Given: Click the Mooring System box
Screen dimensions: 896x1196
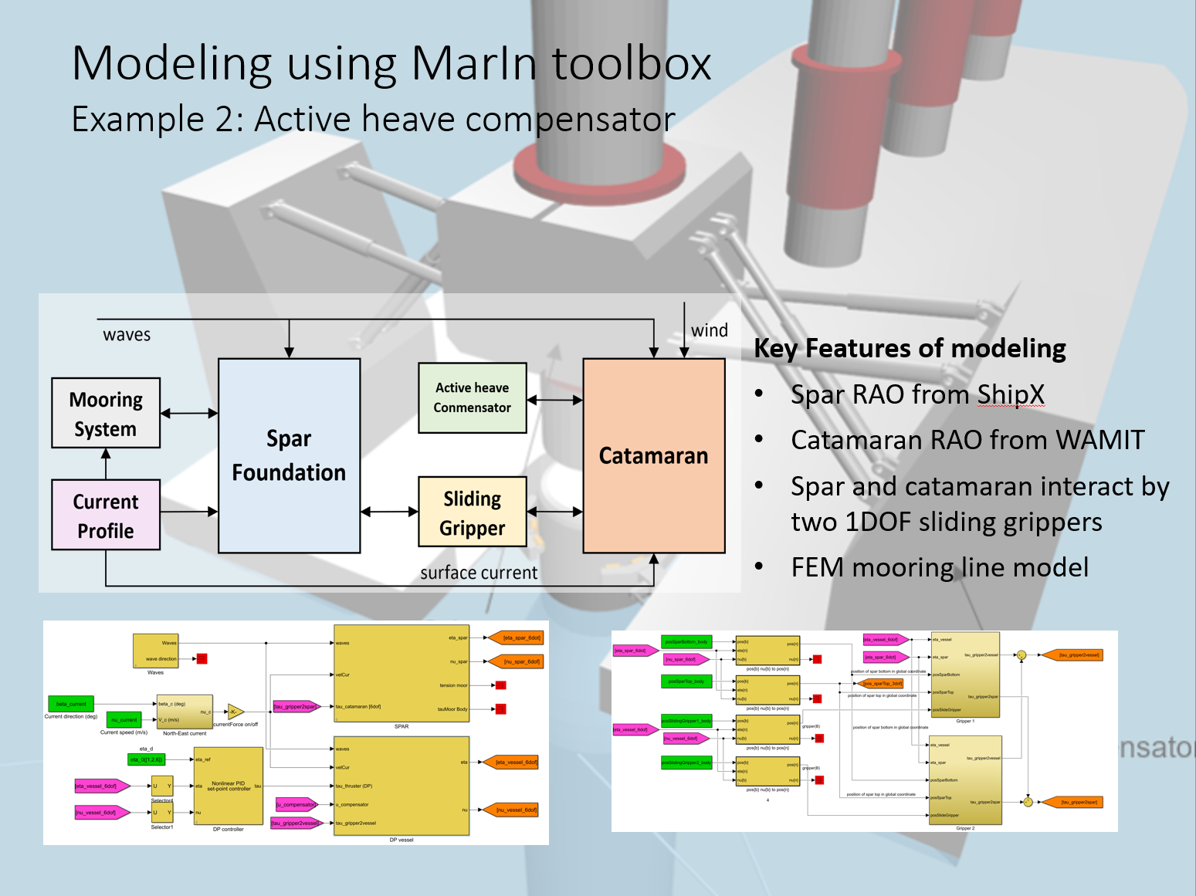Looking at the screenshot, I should pyautogui.click(x=106, y=413).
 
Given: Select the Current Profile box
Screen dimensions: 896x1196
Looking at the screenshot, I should pyautogui.click(x=106, y=515).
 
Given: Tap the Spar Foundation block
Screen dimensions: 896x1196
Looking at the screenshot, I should pyautogui.click(x=289, y=455).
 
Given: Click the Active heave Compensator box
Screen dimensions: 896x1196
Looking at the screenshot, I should pyautogui.click(x=472, y=397).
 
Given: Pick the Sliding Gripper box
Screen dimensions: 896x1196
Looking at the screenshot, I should pyautogui.click(x=472, y=512).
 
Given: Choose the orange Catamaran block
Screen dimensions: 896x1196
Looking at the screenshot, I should pyautogui.click(x=653, y=455).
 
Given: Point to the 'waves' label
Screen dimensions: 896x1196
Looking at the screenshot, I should pyautogui.click(x=127, y=335).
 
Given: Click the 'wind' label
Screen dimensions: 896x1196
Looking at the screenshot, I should pyautogui.click(x=709, y=330).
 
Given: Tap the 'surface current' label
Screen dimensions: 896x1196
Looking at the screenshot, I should pyautogui.click(x=479, y=573).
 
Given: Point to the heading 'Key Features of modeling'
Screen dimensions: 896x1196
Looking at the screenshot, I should pyautogui.click(x=910, y=348).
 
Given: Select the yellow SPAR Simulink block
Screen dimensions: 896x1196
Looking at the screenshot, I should pyautogui.click(x=401, y=673).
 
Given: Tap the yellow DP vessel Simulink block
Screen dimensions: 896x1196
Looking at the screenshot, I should pyautogui.click(x=401, y=786).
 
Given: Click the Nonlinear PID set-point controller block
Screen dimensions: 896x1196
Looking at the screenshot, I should pyautogui.click(x=229, y=786).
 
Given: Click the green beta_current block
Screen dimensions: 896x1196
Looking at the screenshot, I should pyautogui.click(x=71, y=704).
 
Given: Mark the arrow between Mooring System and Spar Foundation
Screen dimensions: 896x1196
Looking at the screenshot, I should pyautogui.click(x=189, y=414).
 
